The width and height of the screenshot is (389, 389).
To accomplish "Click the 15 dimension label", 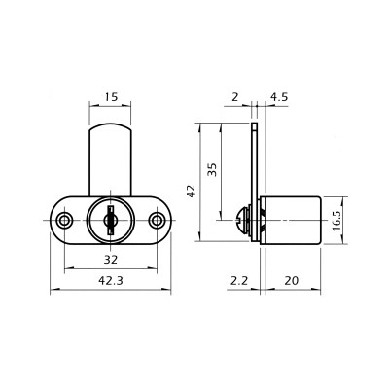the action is coord(111,97).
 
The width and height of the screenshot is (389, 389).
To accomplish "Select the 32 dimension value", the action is coord(111,259).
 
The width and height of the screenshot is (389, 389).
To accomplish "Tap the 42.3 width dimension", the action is coord(111,280).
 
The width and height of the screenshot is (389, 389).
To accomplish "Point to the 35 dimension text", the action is coord(212,169).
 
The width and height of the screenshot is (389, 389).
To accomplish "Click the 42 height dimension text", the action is coord(192,191).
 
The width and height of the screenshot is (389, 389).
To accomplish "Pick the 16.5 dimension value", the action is coord(336,221).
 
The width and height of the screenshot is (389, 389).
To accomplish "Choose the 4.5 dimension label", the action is coord(279,97).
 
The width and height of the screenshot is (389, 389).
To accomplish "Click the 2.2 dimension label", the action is coord(239,280).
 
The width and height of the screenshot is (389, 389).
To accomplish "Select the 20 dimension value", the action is coord(291,280).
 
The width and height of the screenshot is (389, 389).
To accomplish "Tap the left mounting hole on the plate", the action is coord(64,221).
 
